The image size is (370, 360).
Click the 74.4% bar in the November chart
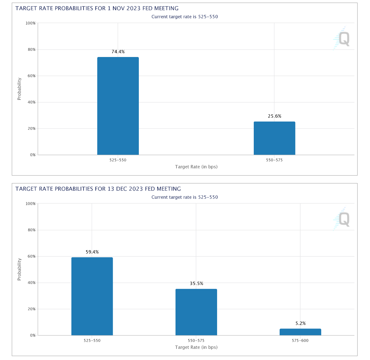[118, 106]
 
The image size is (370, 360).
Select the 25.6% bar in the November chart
[274, 138]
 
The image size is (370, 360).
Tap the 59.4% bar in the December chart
[92, 296]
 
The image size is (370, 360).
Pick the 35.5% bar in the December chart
[196, 312]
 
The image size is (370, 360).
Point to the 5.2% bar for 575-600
[300, 332]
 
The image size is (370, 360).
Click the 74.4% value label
[118, 52]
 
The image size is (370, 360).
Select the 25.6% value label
[274, 116]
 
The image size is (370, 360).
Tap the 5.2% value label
[300, 323]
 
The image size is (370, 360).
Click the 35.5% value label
[196, 284]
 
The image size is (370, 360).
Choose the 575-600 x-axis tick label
[300, 341]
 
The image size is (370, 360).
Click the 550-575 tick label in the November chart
[274, 160]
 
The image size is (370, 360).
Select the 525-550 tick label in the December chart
[92, 341]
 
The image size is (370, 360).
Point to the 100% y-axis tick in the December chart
[31, 204]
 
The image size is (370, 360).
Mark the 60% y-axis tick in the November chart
[31, 76]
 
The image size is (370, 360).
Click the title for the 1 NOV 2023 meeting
[97, 8]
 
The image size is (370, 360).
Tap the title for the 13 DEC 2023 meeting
[98, 189]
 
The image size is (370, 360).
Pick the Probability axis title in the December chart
[19, 269]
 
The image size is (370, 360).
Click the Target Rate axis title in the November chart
[196, 167]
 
